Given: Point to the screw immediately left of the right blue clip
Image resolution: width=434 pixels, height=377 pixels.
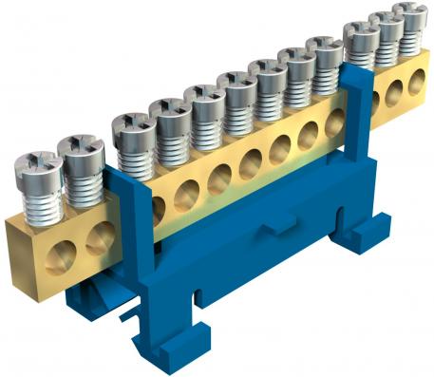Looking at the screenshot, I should point(328,47).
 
